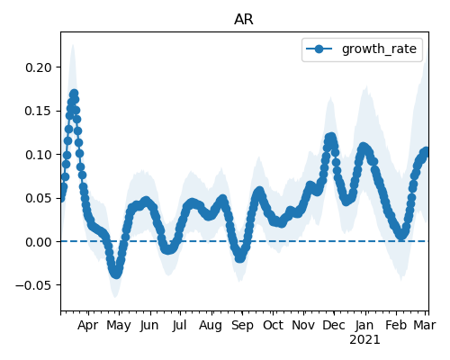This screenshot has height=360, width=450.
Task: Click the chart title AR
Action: click(244, 20)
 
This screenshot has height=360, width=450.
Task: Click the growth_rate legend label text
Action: click(379, 49)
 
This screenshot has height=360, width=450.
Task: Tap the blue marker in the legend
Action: click(319, 49)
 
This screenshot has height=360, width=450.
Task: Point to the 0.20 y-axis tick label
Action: click(39, 67)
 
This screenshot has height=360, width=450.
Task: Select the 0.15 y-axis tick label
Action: click(39, 111)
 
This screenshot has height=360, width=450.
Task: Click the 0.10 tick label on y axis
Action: click(39, 155)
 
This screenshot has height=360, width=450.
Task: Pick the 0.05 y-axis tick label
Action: click(39, 198)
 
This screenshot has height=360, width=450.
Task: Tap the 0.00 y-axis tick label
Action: click(39, 242)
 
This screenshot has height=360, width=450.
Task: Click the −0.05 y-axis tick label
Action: click(33, 285)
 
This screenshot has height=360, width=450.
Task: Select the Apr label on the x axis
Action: click(87, 326)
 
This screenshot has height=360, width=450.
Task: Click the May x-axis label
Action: click(119, 326)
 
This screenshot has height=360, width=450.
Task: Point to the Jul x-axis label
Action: click(179, 326)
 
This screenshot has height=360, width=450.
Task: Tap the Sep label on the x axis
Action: click(242, 326)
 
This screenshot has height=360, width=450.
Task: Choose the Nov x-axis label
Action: click(303, 326)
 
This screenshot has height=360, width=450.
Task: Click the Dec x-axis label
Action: click(334, 326)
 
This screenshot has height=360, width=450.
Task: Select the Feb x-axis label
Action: click(396, 326)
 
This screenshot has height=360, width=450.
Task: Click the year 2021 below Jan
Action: click(364, 340)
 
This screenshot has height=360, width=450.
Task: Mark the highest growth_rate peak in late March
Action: click(74, 94)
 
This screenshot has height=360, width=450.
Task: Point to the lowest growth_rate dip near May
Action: click(116, 274)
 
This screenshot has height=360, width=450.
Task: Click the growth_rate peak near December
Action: click(330, 138)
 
